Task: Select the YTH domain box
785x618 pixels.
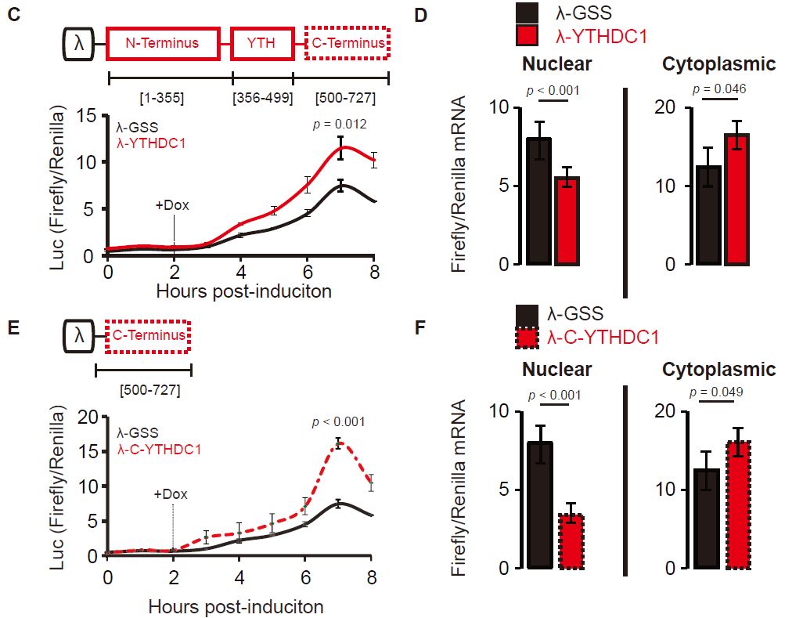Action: click(x=261, y=43)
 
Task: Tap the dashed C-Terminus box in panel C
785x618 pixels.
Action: click(x=347, y=43)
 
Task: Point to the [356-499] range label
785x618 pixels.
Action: click(x=263, y=99)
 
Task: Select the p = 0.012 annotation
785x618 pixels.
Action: click(x=339, y=124)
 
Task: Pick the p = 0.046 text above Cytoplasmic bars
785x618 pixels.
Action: click(x=714, y=89)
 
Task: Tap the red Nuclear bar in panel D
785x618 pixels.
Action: click(x=567, y=221)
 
